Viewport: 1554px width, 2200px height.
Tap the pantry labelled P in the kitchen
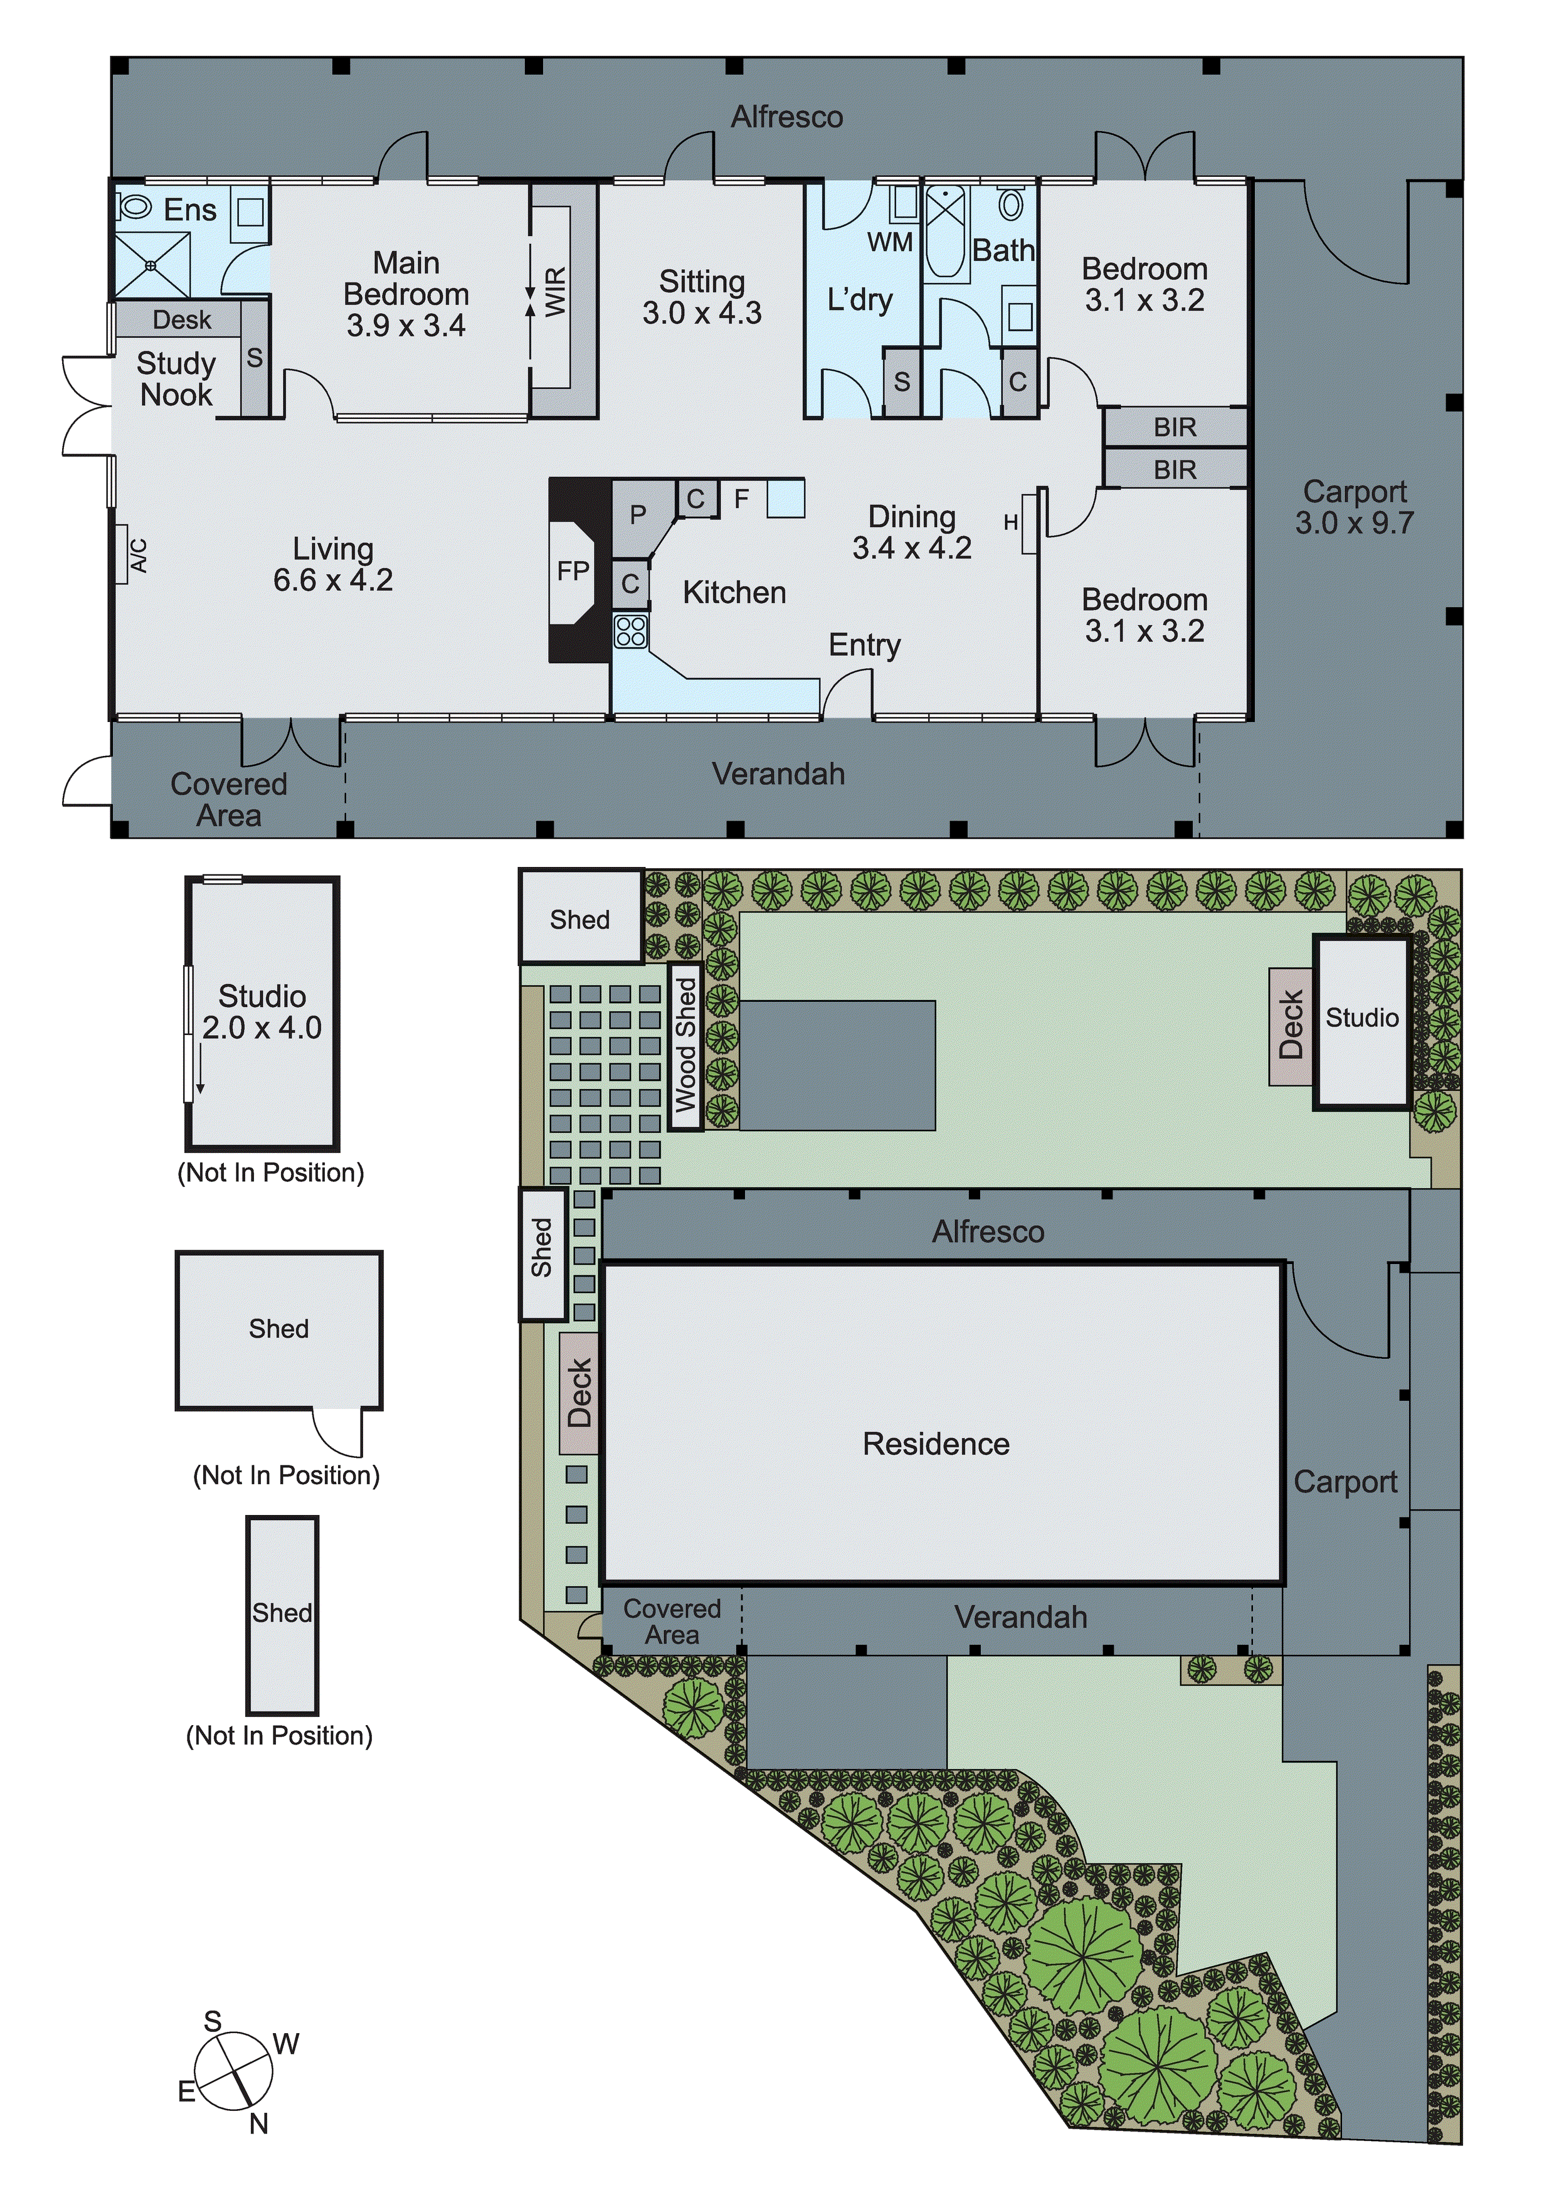click(637, 516)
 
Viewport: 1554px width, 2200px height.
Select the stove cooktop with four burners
click(630, 632)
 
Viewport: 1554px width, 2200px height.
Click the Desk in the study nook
click(181, 320)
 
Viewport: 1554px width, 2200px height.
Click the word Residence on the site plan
click(936, 1444)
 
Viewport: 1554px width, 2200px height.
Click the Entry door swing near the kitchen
click(848, 692)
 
